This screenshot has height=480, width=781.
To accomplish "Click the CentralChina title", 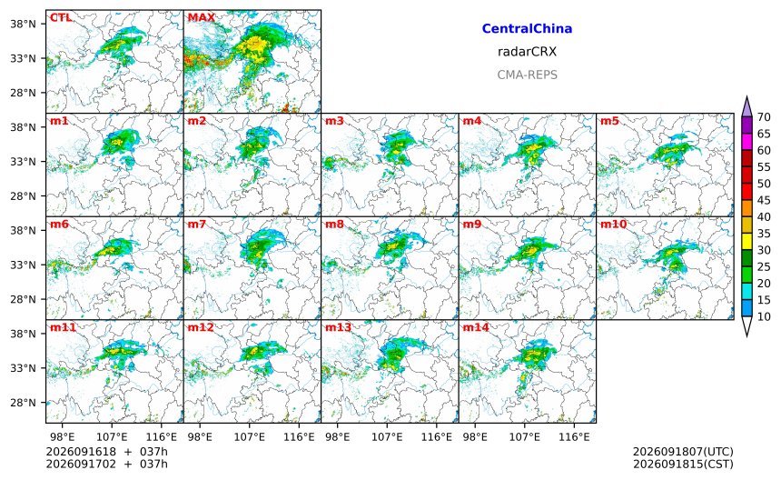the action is (527, 28).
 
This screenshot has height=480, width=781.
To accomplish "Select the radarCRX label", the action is (527, 52).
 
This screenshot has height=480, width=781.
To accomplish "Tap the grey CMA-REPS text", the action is (527, 75).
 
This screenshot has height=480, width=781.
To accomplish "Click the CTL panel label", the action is (61, 18).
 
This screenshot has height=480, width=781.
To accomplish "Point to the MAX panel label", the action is (202, 18).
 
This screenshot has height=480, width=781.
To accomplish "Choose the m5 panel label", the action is (609, 121).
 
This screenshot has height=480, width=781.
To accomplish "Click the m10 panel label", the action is (613, 225).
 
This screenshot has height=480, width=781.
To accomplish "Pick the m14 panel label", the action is (476, 327).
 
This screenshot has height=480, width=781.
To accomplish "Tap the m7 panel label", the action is (197, 225).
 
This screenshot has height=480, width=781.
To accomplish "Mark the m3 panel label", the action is (334, 121).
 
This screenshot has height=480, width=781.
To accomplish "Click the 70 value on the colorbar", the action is (764, 117).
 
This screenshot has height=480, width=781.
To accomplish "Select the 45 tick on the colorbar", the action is (764, 200).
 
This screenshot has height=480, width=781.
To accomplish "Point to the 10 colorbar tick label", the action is (764, 316).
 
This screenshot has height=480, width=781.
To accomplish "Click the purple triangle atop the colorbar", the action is (746, 107).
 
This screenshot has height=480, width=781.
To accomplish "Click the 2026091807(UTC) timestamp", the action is (683, 452).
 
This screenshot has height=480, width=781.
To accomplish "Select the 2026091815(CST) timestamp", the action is (683, 464).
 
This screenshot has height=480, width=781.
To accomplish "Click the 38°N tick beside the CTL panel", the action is (24, 24).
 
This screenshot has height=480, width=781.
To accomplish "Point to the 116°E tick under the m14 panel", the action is (574, 437).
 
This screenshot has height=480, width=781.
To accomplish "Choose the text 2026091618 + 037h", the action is (106, 452).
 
